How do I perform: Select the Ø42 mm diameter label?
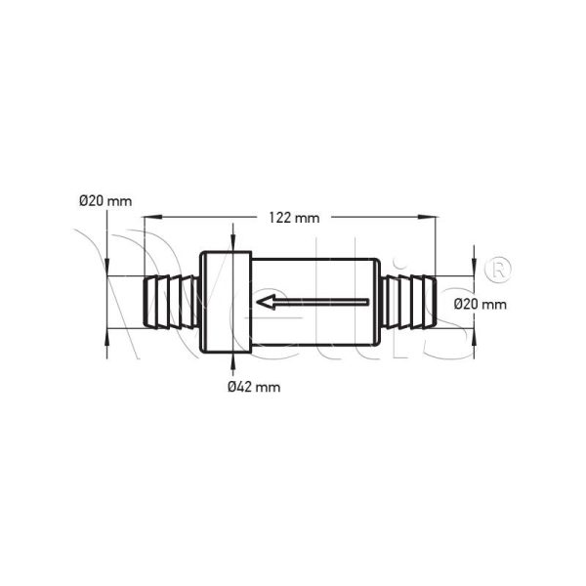click(253, 387)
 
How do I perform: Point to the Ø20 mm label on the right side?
click(481, 304)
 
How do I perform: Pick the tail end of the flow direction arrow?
click(367, 303)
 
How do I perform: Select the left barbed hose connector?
click(172, 303)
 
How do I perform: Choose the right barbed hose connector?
click(409, 303)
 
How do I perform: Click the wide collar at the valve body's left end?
click(226, 303)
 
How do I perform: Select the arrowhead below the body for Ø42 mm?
click(232, 361)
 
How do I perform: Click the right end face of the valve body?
click(377, 303)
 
